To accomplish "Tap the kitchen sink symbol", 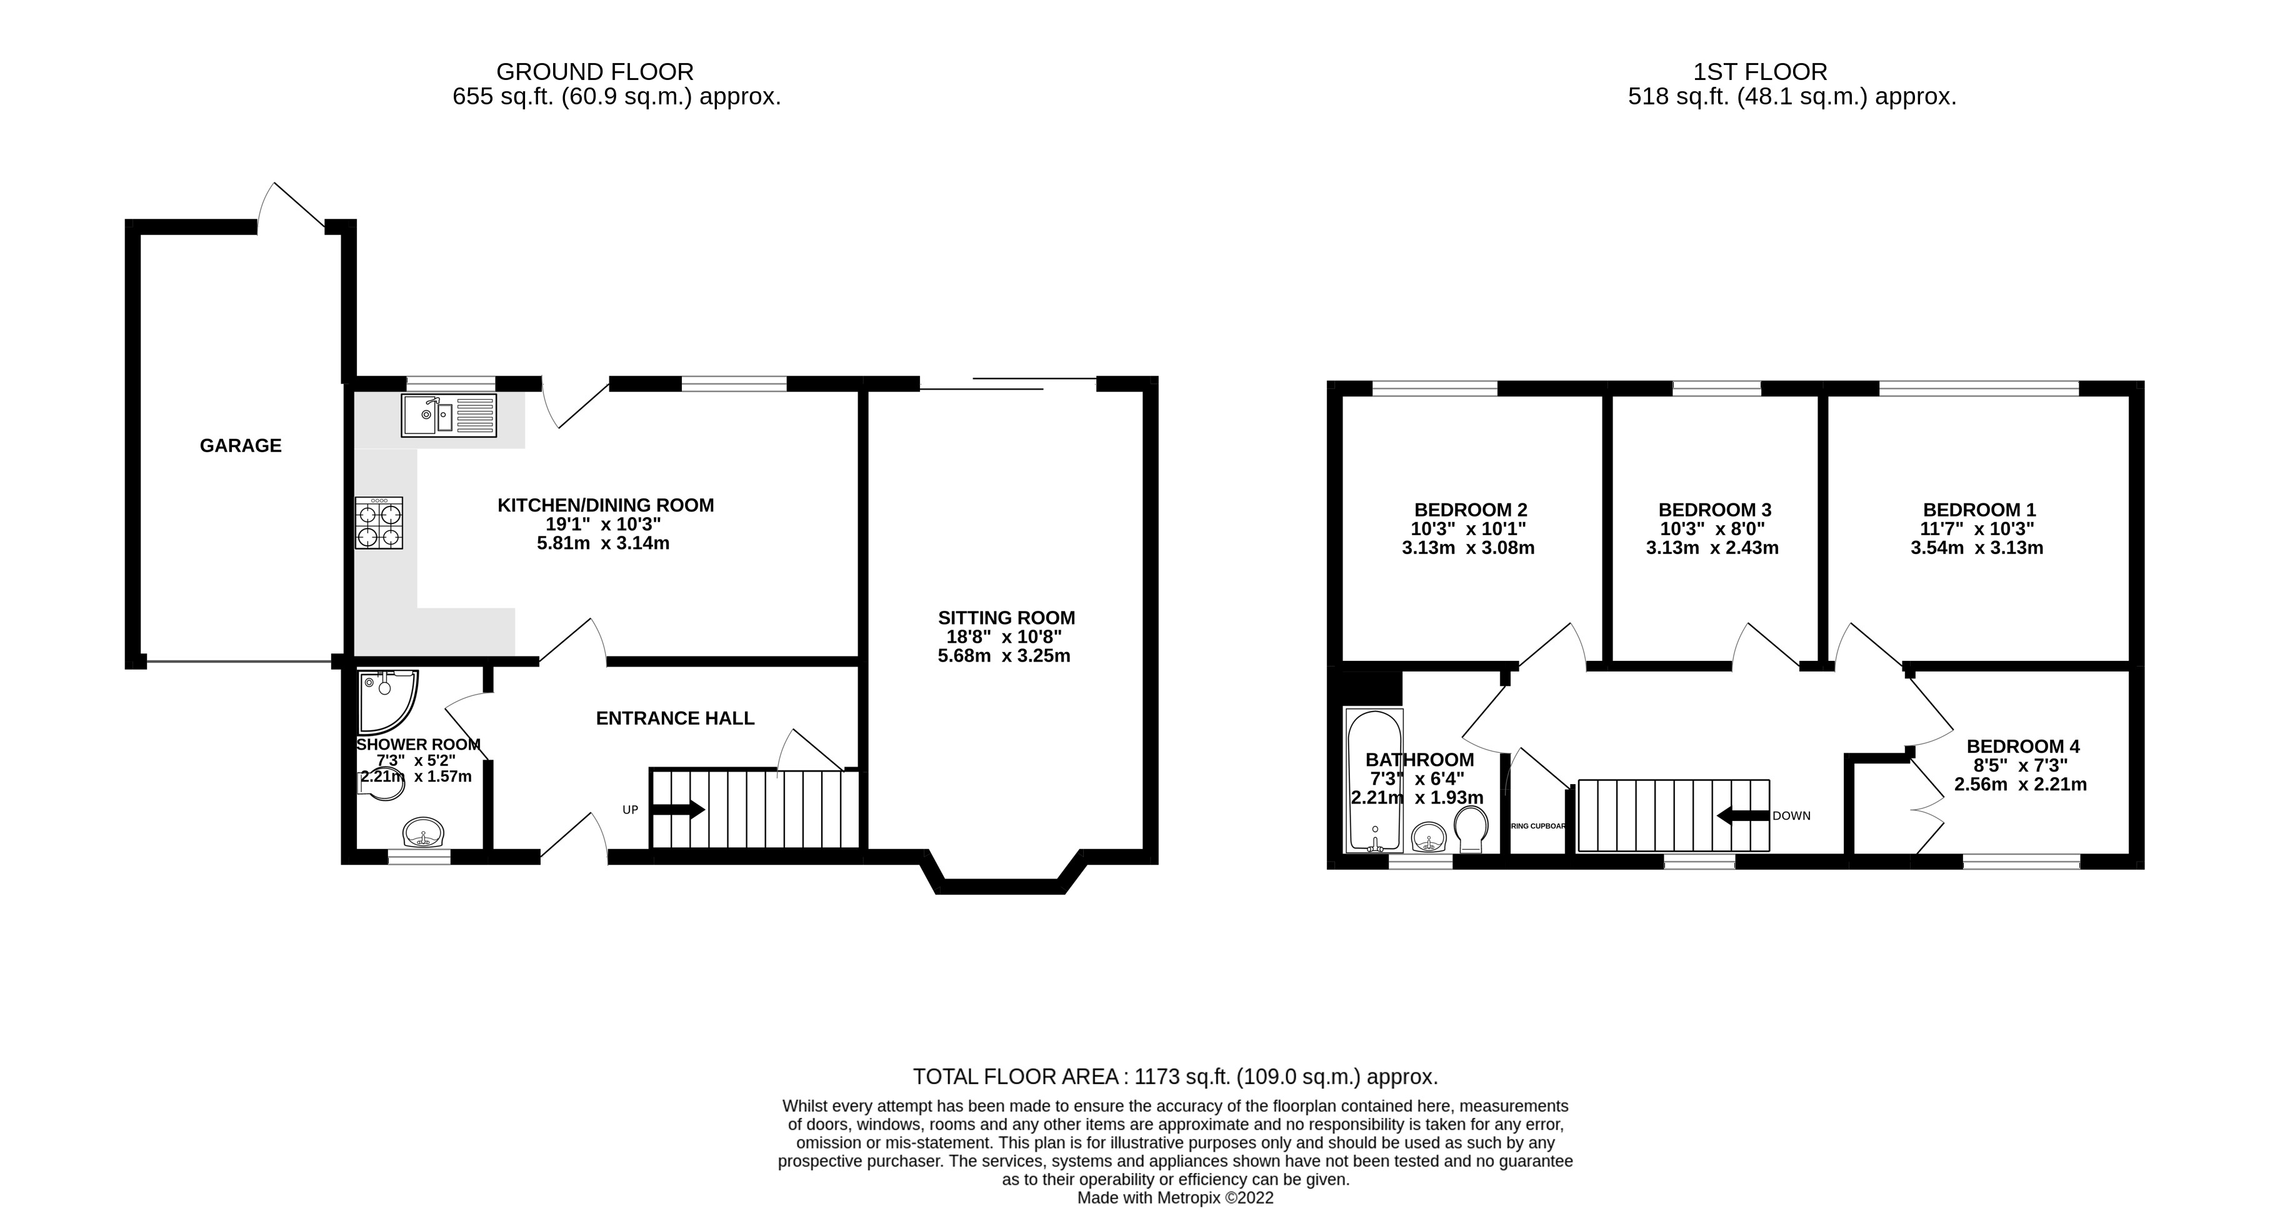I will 449,415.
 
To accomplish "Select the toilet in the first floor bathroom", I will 1470,830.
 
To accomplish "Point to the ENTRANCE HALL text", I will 675,718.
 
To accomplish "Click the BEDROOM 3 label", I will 1714,510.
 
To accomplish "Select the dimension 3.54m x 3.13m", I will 1976,548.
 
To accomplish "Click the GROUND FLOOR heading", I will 595,71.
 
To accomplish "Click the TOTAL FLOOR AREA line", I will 1174,1077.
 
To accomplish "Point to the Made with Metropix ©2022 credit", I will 1174,1198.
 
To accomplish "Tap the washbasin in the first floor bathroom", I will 1429,837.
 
